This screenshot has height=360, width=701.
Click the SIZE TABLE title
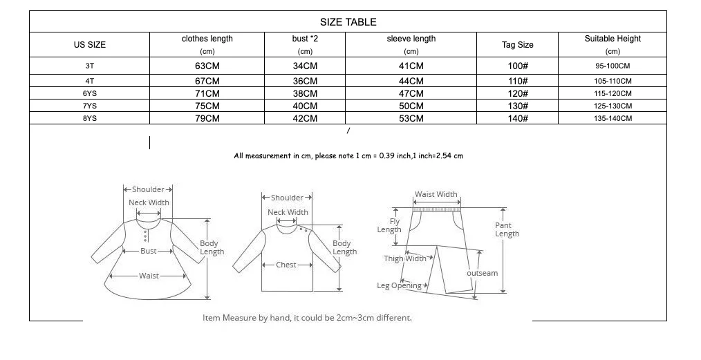click(348, 22)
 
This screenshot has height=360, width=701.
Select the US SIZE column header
click(90, 45)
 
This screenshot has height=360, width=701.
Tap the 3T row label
click(90, 66)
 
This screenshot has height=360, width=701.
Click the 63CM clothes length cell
click(207, 66)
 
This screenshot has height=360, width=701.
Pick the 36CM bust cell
click(305, 81)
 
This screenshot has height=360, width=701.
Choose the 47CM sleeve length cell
click(411, 93)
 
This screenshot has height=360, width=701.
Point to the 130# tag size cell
click(518, 106)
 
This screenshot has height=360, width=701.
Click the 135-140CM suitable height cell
click(613, 118)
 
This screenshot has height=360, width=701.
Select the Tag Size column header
click(518, 45)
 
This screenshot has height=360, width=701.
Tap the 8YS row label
click(90, 118)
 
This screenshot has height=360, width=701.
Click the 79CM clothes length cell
click(207, 118)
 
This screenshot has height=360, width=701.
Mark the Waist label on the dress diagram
click(149, 276)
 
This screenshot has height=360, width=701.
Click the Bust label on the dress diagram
click(149, 251)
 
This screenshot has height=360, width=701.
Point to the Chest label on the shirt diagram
click(286, 265)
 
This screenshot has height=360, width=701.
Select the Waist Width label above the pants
click(436, 195)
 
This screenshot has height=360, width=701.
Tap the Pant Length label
click(507, 229)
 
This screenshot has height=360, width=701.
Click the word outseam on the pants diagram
click(482, 273)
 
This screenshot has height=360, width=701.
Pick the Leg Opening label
click(399, 285)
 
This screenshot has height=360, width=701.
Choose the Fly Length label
click(389, 225)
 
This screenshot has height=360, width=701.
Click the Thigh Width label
click(405, 258)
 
